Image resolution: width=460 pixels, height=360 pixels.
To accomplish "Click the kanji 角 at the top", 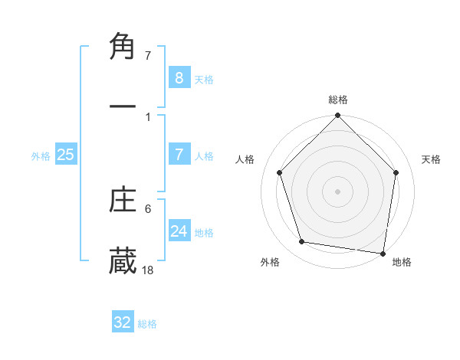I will [x=123, y=48].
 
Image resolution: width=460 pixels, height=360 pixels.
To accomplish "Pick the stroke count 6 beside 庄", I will [x=148, y=208].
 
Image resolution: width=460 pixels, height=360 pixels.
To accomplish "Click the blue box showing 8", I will [x=179, y=77].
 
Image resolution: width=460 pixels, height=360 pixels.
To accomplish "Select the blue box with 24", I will [x=179, y=231].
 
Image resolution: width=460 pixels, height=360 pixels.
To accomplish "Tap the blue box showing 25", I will [x=65, y=155].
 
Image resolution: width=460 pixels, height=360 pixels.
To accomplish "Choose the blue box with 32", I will [x=123, y=322].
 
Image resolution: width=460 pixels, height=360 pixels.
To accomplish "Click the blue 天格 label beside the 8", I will [x=204, y=79].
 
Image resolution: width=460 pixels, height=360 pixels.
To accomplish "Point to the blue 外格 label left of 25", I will [x=41, y=156].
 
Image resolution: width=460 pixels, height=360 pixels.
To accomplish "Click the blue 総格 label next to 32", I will [x=147, y=324].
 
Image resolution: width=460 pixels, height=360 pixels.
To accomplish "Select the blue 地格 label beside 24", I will [x=204, y=233].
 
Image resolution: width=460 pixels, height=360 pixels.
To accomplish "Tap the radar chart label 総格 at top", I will [x=338, y=100].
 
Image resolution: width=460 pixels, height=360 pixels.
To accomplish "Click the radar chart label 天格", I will [x=432, y=159].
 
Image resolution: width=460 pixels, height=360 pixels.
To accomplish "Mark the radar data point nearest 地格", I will [x=383, y=253].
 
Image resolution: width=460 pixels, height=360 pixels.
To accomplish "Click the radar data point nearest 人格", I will [x=280, y=172].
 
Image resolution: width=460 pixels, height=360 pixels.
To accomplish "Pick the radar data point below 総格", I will [x=337, y=116].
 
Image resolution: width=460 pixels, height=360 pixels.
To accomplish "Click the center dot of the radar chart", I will [x=337, y=191].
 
